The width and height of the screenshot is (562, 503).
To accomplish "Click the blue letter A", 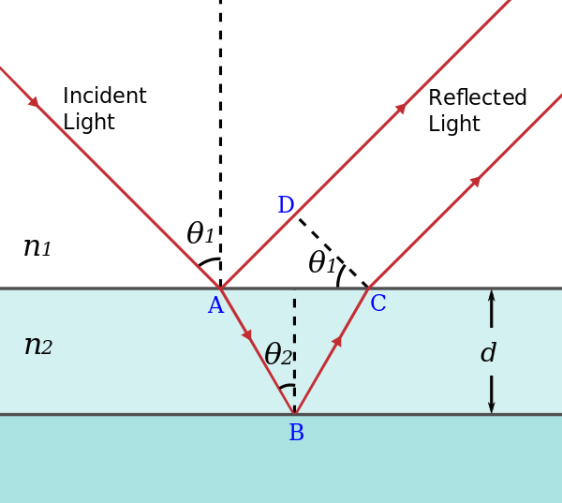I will [215, 306].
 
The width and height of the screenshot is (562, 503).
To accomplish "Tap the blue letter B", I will [296, 434].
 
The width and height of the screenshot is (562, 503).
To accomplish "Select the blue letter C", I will [377, 304].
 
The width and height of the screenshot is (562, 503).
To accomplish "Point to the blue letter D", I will [286, 206].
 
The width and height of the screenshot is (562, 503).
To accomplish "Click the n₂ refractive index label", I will [37, 346].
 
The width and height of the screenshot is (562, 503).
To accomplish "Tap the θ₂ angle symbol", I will [278, 355].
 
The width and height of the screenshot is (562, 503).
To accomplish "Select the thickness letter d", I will [488, 353].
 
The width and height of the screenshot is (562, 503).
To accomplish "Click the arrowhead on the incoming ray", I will [34, 101].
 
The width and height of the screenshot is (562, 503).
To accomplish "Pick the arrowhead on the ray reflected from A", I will [400, 109].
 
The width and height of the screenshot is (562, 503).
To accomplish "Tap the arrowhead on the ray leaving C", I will [475, 181].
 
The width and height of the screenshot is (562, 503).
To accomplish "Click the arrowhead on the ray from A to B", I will [246, 334].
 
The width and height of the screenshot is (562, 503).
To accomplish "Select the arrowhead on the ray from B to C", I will [336, 341].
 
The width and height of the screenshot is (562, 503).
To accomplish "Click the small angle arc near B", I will [287, 386].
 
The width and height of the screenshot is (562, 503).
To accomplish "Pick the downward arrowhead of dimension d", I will [491, 407].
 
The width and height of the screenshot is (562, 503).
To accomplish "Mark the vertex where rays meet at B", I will [294, 413].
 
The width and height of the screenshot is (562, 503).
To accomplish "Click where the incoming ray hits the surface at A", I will [220, 288].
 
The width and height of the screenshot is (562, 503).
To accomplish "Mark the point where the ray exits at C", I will [369, 288].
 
